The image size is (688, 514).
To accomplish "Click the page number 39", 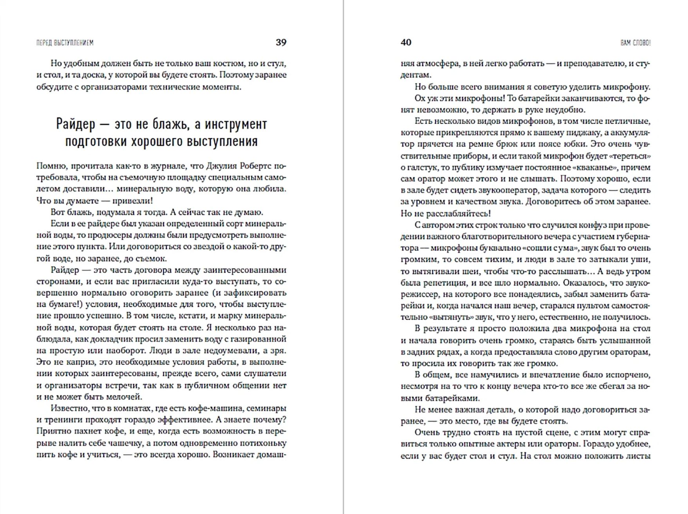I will pyautogui.click(x=281, y=43).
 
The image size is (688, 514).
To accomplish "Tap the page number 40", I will pyautogui.click(x=406, y=43).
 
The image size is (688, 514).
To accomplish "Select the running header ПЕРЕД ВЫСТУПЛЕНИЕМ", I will pyautogui.click(x=65, y=43).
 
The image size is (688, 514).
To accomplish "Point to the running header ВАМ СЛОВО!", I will pyautogui.click(x=635, y=43).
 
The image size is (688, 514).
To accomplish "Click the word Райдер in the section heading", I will pyautogui.click(x=76, y=124).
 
